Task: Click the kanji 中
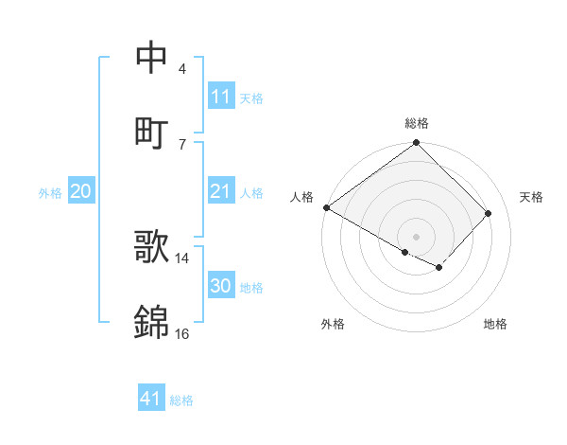(x=151, y=57)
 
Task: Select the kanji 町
(x=151, y=132)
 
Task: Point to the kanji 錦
(x=151, y=323)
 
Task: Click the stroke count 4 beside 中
(x=182, y=68)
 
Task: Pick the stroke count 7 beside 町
(x=182, y=144)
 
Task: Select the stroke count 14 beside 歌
(x=182, y=258)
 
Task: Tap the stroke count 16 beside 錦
(x=182, y=333)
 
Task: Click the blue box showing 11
(x=221, y=97)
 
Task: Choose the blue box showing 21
(x=221, y=192)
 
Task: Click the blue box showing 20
(x=81, y=192)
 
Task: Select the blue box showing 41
(x=151, y=400)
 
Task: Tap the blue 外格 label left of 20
(x=50, y=193)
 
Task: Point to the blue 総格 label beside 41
(x=181, y=400)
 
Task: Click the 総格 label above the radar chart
(x=417, y=123)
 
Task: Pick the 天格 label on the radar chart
(x=532, y=197)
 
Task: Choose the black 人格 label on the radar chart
(x=302, y=197)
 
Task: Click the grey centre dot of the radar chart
(x=417, y=236)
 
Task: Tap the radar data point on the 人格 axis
(x=326, y=207)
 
